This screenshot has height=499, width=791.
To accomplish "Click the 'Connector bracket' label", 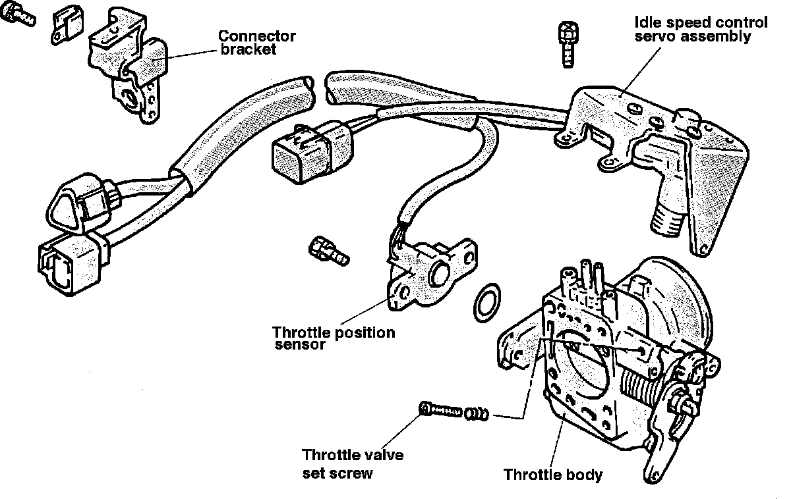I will coord(256,43).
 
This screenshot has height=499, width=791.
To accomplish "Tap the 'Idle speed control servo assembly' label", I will coord(701,29).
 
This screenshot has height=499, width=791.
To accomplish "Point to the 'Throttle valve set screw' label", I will coord(353,463).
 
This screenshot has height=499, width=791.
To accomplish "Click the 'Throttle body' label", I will coord(552,474).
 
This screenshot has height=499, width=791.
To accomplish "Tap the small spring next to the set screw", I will coord(477,414).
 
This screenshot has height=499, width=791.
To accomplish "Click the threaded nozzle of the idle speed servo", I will coord(667,217).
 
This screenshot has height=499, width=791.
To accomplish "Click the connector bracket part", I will coord(132,66).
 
